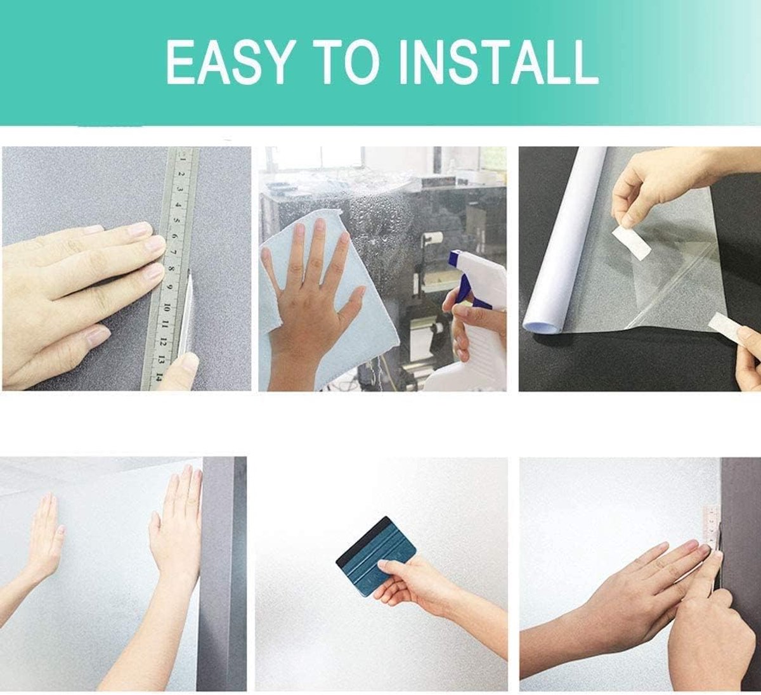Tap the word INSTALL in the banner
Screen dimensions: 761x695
[x=498, y=62]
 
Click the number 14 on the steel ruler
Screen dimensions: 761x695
[x=159, y=377]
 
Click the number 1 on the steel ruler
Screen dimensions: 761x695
[x=183, y=159]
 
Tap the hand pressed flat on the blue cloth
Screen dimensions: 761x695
[x=311, y=289]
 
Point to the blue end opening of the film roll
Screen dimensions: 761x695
[x=542, y=326]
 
